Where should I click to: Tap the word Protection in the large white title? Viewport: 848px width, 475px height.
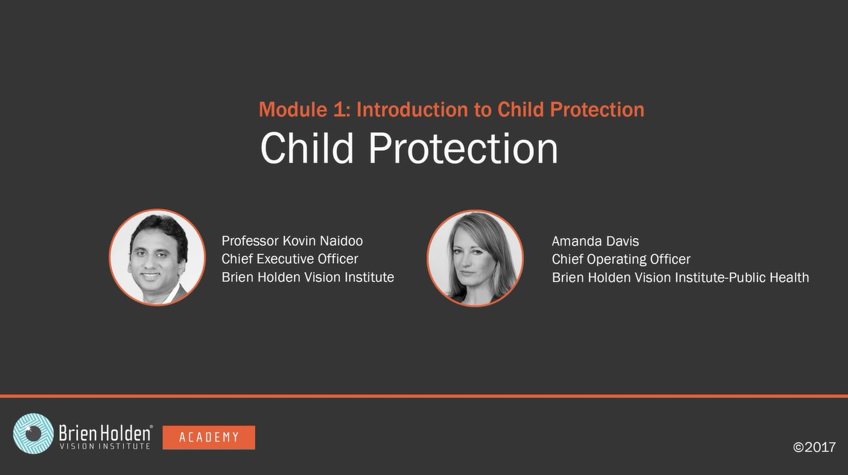[463, 148]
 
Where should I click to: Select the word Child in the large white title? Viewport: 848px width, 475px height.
[307, 148]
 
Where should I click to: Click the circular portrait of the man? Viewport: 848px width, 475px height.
[157, 257]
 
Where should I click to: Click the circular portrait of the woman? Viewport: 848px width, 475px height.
[475, 258]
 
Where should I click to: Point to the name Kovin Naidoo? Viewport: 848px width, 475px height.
[322, 241]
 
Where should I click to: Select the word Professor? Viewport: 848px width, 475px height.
[250, 241]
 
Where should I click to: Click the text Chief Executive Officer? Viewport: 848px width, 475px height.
[290, 259]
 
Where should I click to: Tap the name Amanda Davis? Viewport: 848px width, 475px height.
[595, 241]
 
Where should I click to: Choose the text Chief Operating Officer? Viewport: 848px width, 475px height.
[620, 259]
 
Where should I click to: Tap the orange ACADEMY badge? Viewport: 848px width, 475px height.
[209, 438]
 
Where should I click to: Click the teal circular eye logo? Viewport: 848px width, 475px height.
[33, 433]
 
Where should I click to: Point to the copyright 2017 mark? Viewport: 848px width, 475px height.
[814, 447]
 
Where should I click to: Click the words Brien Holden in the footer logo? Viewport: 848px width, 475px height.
[105, 432]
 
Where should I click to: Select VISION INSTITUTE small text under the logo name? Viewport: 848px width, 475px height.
[104, 446]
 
